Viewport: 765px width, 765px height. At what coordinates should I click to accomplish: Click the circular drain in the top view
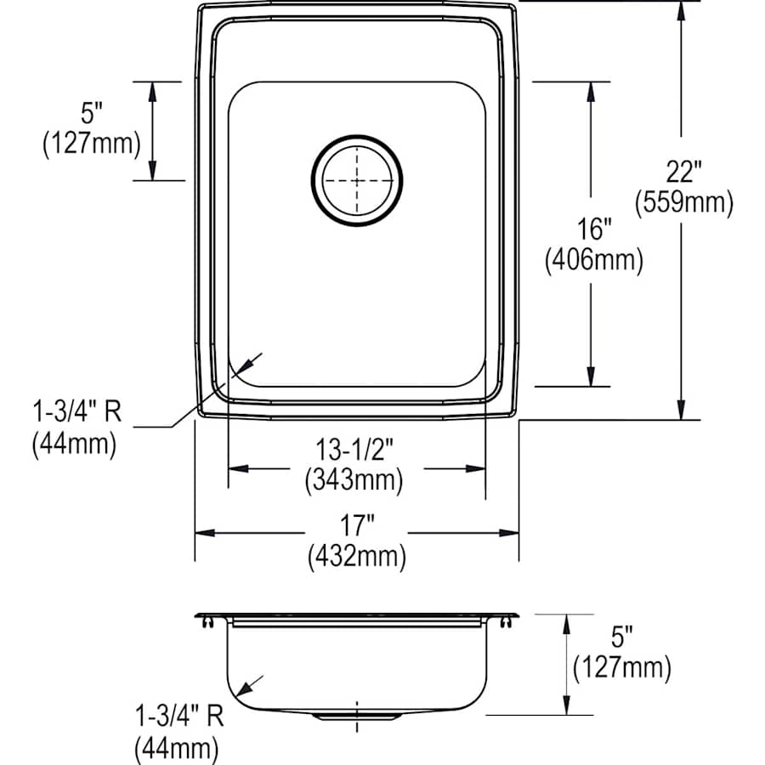[357, 180]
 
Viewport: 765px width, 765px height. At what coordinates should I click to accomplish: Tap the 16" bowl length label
[593, 229]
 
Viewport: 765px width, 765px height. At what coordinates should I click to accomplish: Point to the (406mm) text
[593, 260]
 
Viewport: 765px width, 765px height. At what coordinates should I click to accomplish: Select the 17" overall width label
[357, 526]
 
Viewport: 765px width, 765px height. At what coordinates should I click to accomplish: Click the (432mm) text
[357, 557]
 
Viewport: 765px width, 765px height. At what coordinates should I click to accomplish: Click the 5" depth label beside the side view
[622, 636]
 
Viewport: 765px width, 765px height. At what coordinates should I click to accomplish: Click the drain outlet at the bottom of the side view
[356, 717]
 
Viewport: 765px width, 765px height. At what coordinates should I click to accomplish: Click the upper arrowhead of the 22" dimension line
[682, 10]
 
